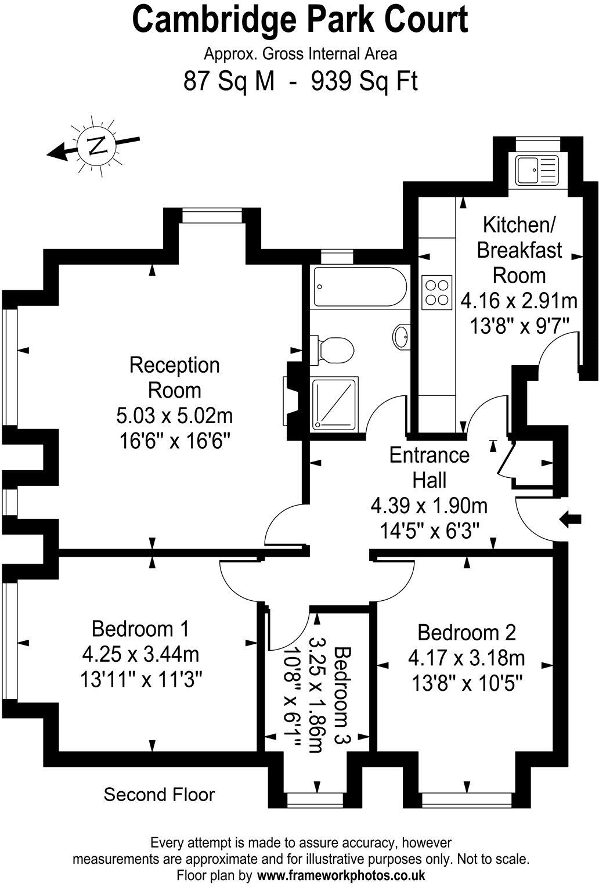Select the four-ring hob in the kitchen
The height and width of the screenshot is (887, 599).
(436, 292)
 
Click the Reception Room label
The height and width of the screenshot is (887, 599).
(174, 377)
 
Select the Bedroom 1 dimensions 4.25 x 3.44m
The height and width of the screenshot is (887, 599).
(141, 655)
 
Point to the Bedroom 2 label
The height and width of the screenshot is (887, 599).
(466, 632)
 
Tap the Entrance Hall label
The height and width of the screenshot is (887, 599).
(429, 467)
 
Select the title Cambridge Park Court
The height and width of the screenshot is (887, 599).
(300, 21)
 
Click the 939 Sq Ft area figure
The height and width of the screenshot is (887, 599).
(365, 81)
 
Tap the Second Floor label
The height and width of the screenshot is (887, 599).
(159, 794)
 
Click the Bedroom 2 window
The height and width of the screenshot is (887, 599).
(467, 801)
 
